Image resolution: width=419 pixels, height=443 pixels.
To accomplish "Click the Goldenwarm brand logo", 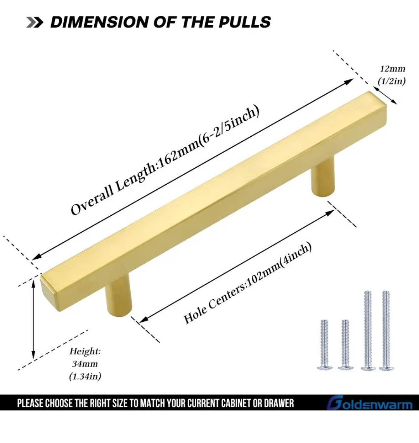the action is (370, 403).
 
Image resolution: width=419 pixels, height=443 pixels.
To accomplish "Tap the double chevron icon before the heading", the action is (35, 22).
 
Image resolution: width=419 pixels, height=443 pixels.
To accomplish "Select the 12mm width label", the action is (393, 69).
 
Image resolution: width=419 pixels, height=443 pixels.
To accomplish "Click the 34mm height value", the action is (85, 364).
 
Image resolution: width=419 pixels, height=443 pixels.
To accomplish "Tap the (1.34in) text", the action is (85, 376).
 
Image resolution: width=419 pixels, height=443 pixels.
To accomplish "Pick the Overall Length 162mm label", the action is (165, 160).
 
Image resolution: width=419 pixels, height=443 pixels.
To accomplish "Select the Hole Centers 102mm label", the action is (248, 283).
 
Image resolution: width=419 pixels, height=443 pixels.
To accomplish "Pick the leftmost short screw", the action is (324, 345).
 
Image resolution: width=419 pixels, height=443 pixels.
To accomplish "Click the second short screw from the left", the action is (345, 345).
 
